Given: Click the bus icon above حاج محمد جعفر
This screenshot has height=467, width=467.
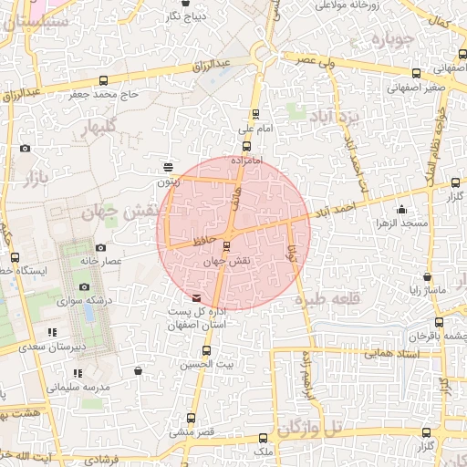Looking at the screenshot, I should [x=103, y=80].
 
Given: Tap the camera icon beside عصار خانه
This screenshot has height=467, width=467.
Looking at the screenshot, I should [x=100, y=247].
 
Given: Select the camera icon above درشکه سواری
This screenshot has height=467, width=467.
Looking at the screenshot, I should [x=85, y=286].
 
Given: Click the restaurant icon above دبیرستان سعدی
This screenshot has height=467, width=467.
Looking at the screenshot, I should [x=52, y=332].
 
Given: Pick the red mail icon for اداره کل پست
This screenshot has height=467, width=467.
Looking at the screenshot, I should [x=197, y=297].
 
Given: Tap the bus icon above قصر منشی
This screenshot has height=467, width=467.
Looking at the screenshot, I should [x=191, y=418].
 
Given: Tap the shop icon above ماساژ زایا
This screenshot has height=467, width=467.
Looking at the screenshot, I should [x=426, y=276].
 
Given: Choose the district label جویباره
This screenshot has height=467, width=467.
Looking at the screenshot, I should [x=393, y=40].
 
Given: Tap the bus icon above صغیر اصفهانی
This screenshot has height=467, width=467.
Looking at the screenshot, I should [x=416, y=74].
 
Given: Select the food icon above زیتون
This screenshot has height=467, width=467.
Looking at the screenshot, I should [x=168, y=167].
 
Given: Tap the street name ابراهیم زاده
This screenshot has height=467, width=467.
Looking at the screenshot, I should [x=306, y=379].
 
